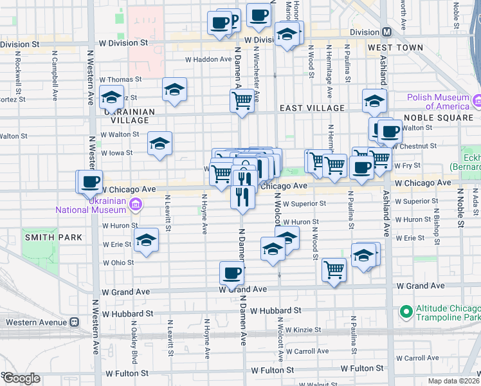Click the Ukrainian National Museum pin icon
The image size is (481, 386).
(136, 205)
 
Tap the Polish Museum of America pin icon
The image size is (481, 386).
(478, 101)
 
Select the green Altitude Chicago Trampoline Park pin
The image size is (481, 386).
(406, 312)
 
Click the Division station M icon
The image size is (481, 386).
(386, 32)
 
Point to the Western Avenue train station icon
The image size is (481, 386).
(75, 321)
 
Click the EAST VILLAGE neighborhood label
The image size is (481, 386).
(312, 108)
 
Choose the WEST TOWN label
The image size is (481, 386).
(395, 48)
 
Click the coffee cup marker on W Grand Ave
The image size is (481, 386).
(231, 273)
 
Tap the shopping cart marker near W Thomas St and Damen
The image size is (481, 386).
(242, 100)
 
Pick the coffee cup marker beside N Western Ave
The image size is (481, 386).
(90, 181)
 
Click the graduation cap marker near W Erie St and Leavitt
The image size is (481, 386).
(147, 241)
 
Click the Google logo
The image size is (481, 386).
(21, 378)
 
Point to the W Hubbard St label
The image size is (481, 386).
(127, 313)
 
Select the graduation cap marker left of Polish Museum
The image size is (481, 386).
(374, 100)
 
